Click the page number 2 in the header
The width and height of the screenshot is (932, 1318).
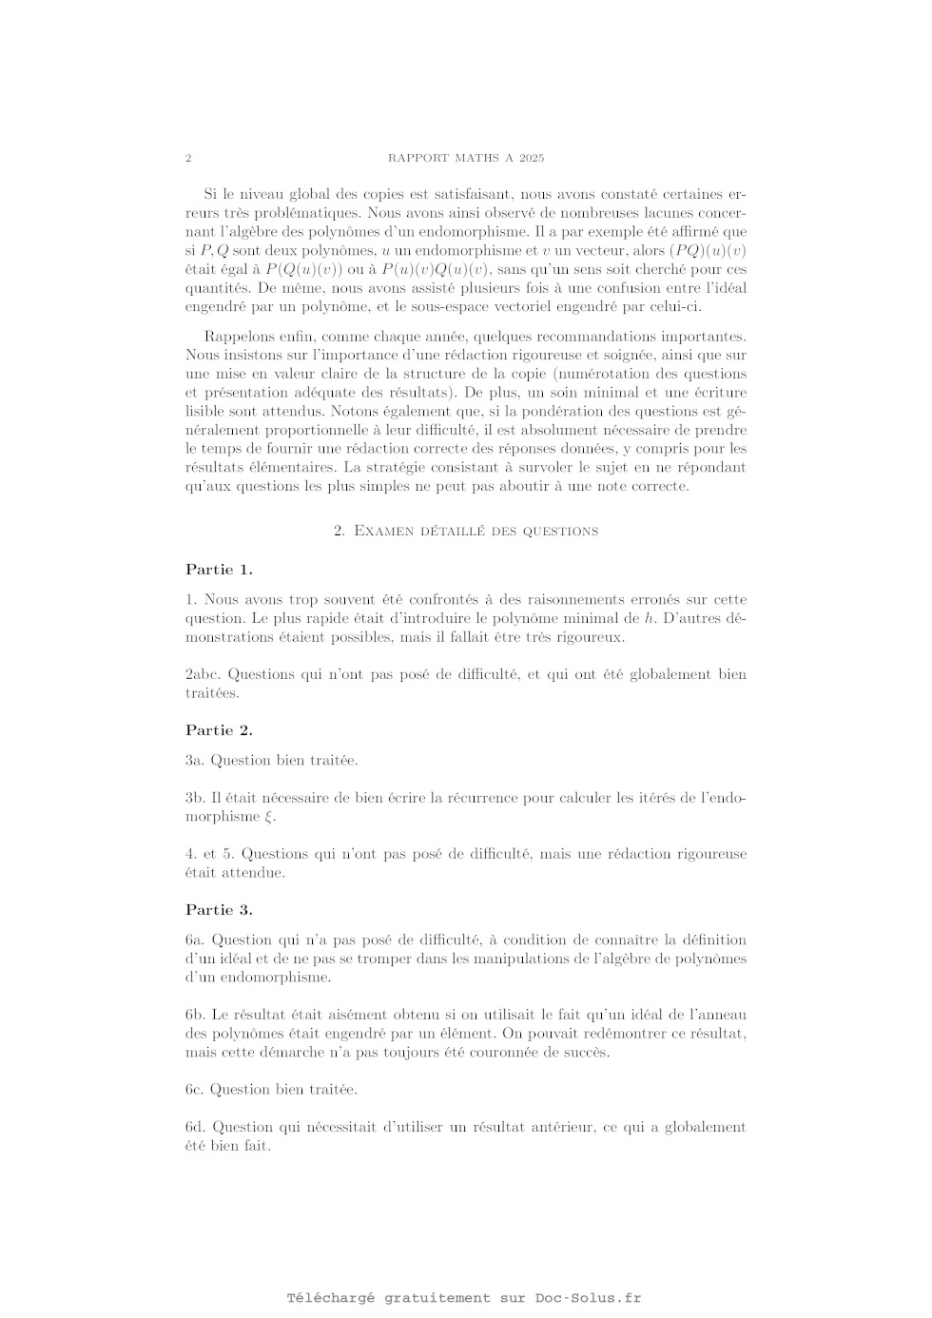coord(188,158)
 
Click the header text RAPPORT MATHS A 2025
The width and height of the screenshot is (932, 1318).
coord(466,158)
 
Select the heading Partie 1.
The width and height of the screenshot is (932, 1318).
coord(219,570)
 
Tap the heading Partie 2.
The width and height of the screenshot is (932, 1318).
coord(219,730)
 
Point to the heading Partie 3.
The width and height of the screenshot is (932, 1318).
coord(219,910)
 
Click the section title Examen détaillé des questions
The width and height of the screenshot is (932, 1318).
coord(466,531)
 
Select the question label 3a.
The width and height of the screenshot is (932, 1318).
coord(194,761)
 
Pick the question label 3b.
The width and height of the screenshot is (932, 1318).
coord(195,798)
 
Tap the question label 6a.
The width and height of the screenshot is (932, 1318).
coord(195,940)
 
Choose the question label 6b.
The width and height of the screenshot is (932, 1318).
coord(195,1015)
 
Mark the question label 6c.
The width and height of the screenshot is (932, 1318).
coord(194,1090)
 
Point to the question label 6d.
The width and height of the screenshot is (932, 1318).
coord(195,1127)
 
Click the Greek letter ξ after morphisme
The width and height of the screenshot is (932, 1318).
coord(268,817)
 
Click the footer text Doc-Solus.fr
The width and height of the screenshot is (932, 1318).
coord(588,1298)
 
